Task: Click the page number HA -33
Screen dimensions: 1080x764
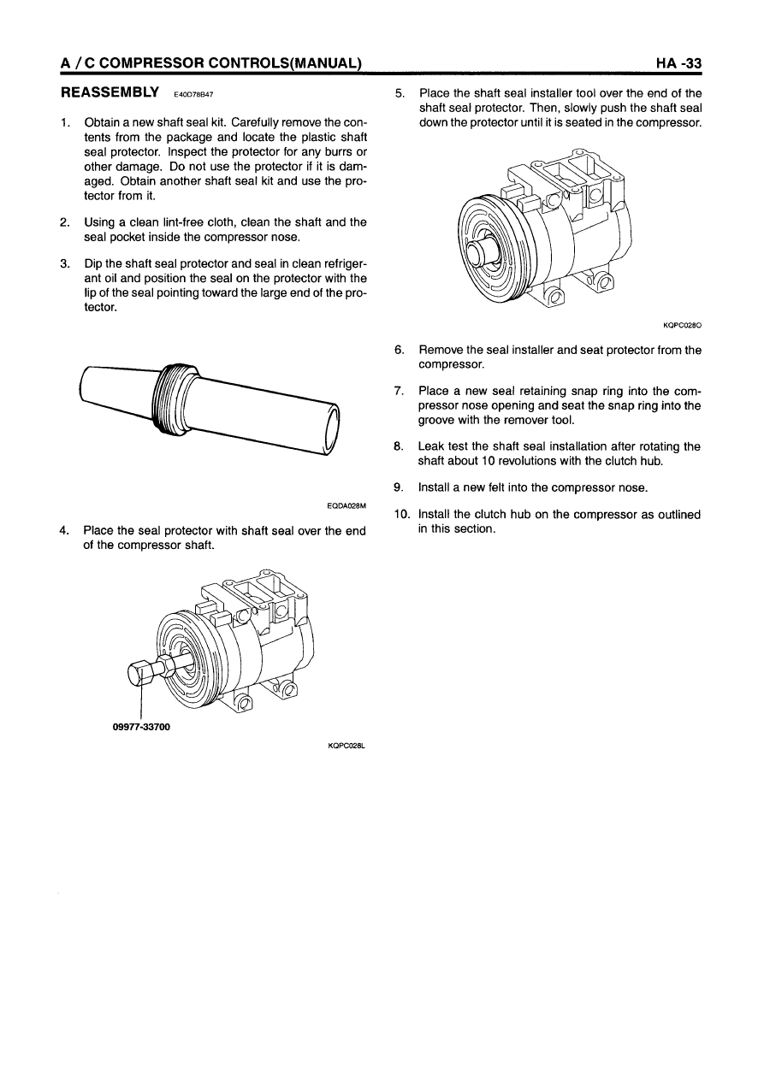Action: click(x=678, y=62)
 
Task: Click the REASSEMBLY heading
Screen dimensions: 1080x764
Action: click(x=109, y=91)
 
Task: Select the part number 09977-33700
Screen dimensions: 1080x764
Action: click(x=141, y=728)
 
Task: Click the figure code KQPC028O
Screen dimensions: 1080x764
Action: click(x=682, y=325)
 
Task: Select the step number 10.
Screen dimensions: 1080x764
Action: click(x=400, y=515)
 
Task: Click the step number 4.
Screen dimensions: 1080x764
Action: click(x=64, y=531)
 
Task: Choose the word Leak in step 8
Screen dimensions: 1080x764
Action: click(x=431, y=446)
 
